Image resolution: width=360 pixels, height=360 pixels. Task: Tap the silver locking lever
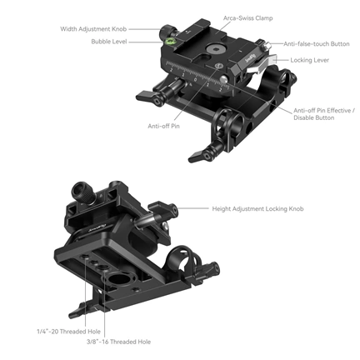[261, 65]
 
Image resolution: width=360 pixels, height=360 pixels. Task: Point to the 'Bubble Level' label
[108, 42]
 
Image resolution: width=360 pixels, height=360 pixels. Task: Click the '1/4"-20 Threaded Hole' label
[56, 331]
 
